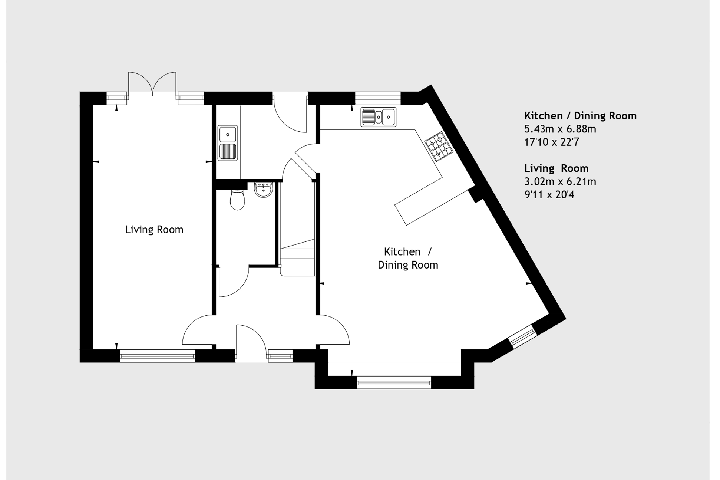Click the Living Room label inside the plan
click(x=154, y=230)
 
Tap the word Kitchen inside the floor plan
click(x=402, y=252)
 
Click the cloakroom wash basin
click(x=263, y=190)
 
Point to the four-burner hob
click(x=439, y=147)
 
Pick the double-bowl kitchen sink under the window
click(x=379, y=117)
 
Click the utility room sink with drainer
click(x=228, y=143)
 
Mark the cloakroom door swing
click(x=234, y=282)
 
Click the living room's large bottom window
click(x=157, y=356)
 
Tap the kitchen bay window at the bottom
click(x=394, y=382)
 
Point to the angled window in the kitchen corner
click(x=523, y=336)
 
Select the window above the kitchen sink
click(x=378, y=98)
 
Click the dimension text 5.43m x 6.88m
click(x=560, y=129)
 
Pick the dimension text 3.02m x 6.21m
click(x=560, y=182)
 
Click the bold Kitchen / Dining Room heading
click(x=580, y=116)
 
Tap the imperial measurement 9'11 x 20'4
click(x=549, y=195)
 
